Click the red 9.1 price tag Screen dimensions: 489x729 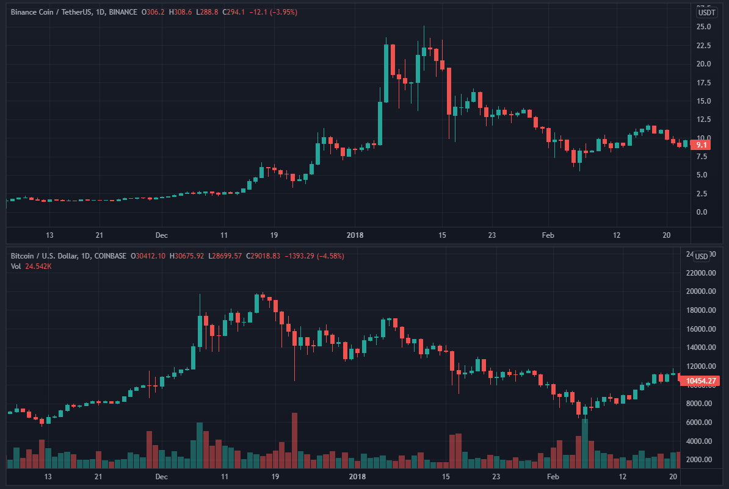click(x=702, y=145)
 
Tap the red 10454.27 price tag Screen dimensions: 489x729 click(x=702, y=381)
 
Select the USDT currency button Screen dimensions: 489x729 click(x=706, y=12)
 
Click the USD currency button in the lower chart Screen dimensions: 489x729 click(x=702, y=256)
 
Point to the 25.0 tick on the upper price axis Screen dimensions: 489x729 click(x=703, y=27)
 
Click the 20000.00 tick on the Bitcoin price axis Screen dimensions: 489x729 click(x=700, y=291)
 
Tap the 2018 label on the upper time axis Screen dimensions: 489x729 click(x=355, y=235)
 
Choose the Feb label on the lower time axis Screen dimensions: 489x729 click(x=553, y=476)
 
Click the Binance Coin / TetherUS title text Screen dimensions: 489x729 click(x=51, y=12)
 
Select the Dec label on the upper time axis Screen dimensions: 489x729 click(x=161, y=235)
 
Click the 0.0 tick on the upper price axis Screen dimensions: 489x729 click(x=702, y=212)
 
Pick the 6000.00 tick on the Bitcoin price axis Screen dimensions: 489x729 click(x=700, y=423)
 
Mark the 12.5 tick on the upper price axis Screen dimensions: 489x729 click(x=703, y=120)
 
